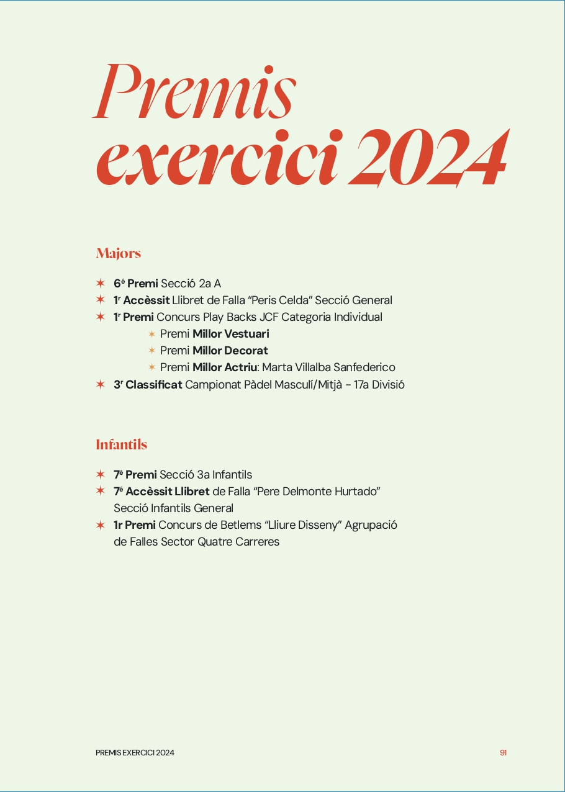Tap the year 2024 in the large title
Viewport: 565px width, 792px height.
point(428,158)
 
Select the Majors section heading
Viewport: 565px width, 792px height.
point(118,253)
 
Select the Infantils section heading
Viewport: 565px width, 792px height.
point(121,444)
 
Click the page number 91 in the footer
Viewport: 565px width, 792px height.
point(503,753)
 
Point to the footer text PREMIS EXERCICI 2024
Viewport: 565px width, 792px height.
point(135,753)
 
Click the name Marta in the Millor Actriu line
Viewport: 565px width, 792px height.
point(277,367)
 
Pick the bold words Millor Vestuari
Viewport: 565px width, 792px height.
point(230,334)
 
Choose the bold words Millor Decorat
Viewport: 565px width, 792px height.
point(230,351)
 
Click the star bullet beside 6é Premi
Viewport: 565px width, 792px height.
point(101,284)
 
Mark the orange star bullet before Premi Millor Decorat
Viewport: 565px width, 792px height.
point(151,351)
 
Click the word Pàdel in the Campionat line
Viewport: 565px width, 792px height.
point(248,385)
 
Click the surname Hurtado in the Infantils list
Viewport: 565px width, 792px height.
point(355,492)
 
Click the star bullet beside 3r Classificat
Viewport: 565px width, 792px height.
point(101,385)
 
